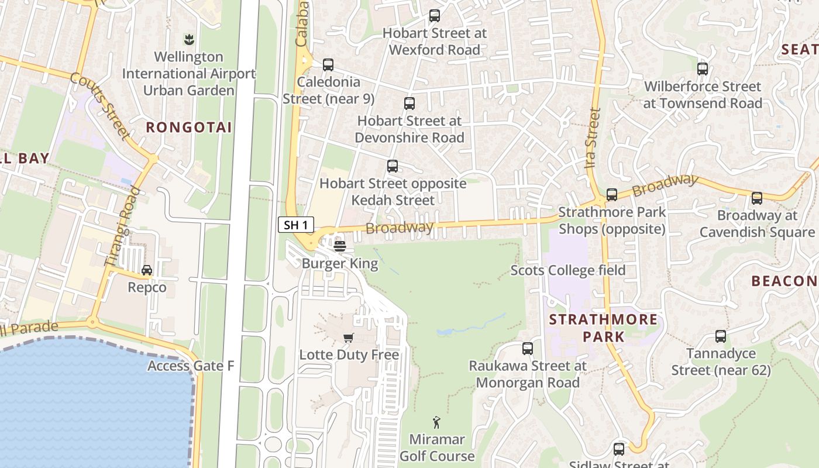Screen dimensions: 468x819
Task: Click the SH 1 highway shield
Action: click(x=296, y=225)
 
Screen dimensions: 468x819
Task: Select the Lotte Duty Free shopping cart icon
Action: click(x=349, y=338)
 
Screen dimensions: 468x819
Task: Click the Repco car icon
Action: click(x=147, y=270)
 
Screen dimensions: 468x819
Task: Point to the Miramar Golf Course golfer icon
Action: click(x=436, y=422)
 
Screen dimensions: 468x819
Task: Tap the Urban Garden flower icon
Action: click(x=188, y=40)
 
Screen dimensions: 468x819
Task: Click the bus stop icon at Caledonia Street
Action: click(x=328, y=64)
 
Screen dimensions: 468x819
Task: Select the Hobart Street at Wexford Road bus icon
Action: click(x=434, y=16)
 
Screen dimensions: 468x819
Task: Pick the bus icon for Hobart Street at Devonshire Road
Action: click(x=409, y=104)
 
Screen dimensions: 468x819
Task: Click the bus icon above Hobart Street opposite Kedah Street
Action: click(x=393, y=166)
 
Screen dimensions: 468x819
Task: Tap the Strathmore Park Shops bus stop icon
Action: click(x=612, y=195)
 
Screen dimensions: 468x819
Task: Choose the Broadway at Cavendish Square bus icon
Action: click(x=757, y=198)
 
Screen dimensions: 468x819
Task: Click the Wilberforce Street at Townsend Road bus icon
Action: click(x=703, y=69)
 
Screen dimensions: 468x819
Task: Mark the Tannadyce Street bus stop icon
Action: click(x=721, y=336)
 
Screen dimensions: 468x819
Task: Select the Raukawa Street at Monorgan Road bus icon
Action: click(x=528, y=349)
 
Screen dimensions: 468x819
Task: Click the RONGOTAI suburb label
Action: click(x=189, y=128)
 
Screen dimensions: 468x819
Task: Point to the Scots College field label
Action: click(x=568, y=270)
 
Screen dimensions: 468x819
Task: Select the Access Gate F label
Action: click(x=191, y=366)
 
